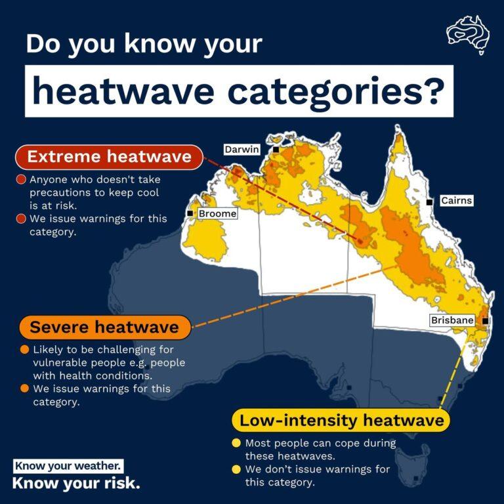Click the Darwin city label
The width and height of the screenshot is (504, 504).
tap(242, 150)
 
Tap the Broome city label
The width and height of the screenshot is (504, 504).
tap(217, 213)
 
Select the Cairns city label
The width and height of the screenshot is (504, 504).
tap(456, 200)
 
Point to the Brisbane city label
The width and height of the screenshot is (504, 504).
tap(452, 320)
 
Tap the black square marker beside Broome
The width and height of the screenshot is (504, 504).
tap(190, 213)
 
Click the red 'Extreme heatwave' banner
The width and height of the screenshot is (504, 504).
tap(109, 157)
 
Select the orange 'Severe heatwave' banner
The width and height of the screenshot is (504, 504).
tap(104, 327)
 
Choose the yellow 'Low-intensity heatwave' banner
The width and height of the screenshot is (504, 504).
tap(341, 420)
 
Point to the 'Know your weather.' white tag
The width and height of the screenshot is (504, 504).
tap(68, 466)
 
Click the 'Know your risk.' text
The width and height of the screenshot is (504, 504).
tap(76, 484)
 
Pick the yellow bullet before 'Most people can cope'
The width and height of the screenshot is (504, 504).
tap(237, 444)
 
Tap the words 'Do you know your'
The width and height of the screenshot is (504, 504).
tap(144, 44)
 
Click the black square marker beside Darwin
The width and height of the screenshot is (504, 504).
tap(276, 150)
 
